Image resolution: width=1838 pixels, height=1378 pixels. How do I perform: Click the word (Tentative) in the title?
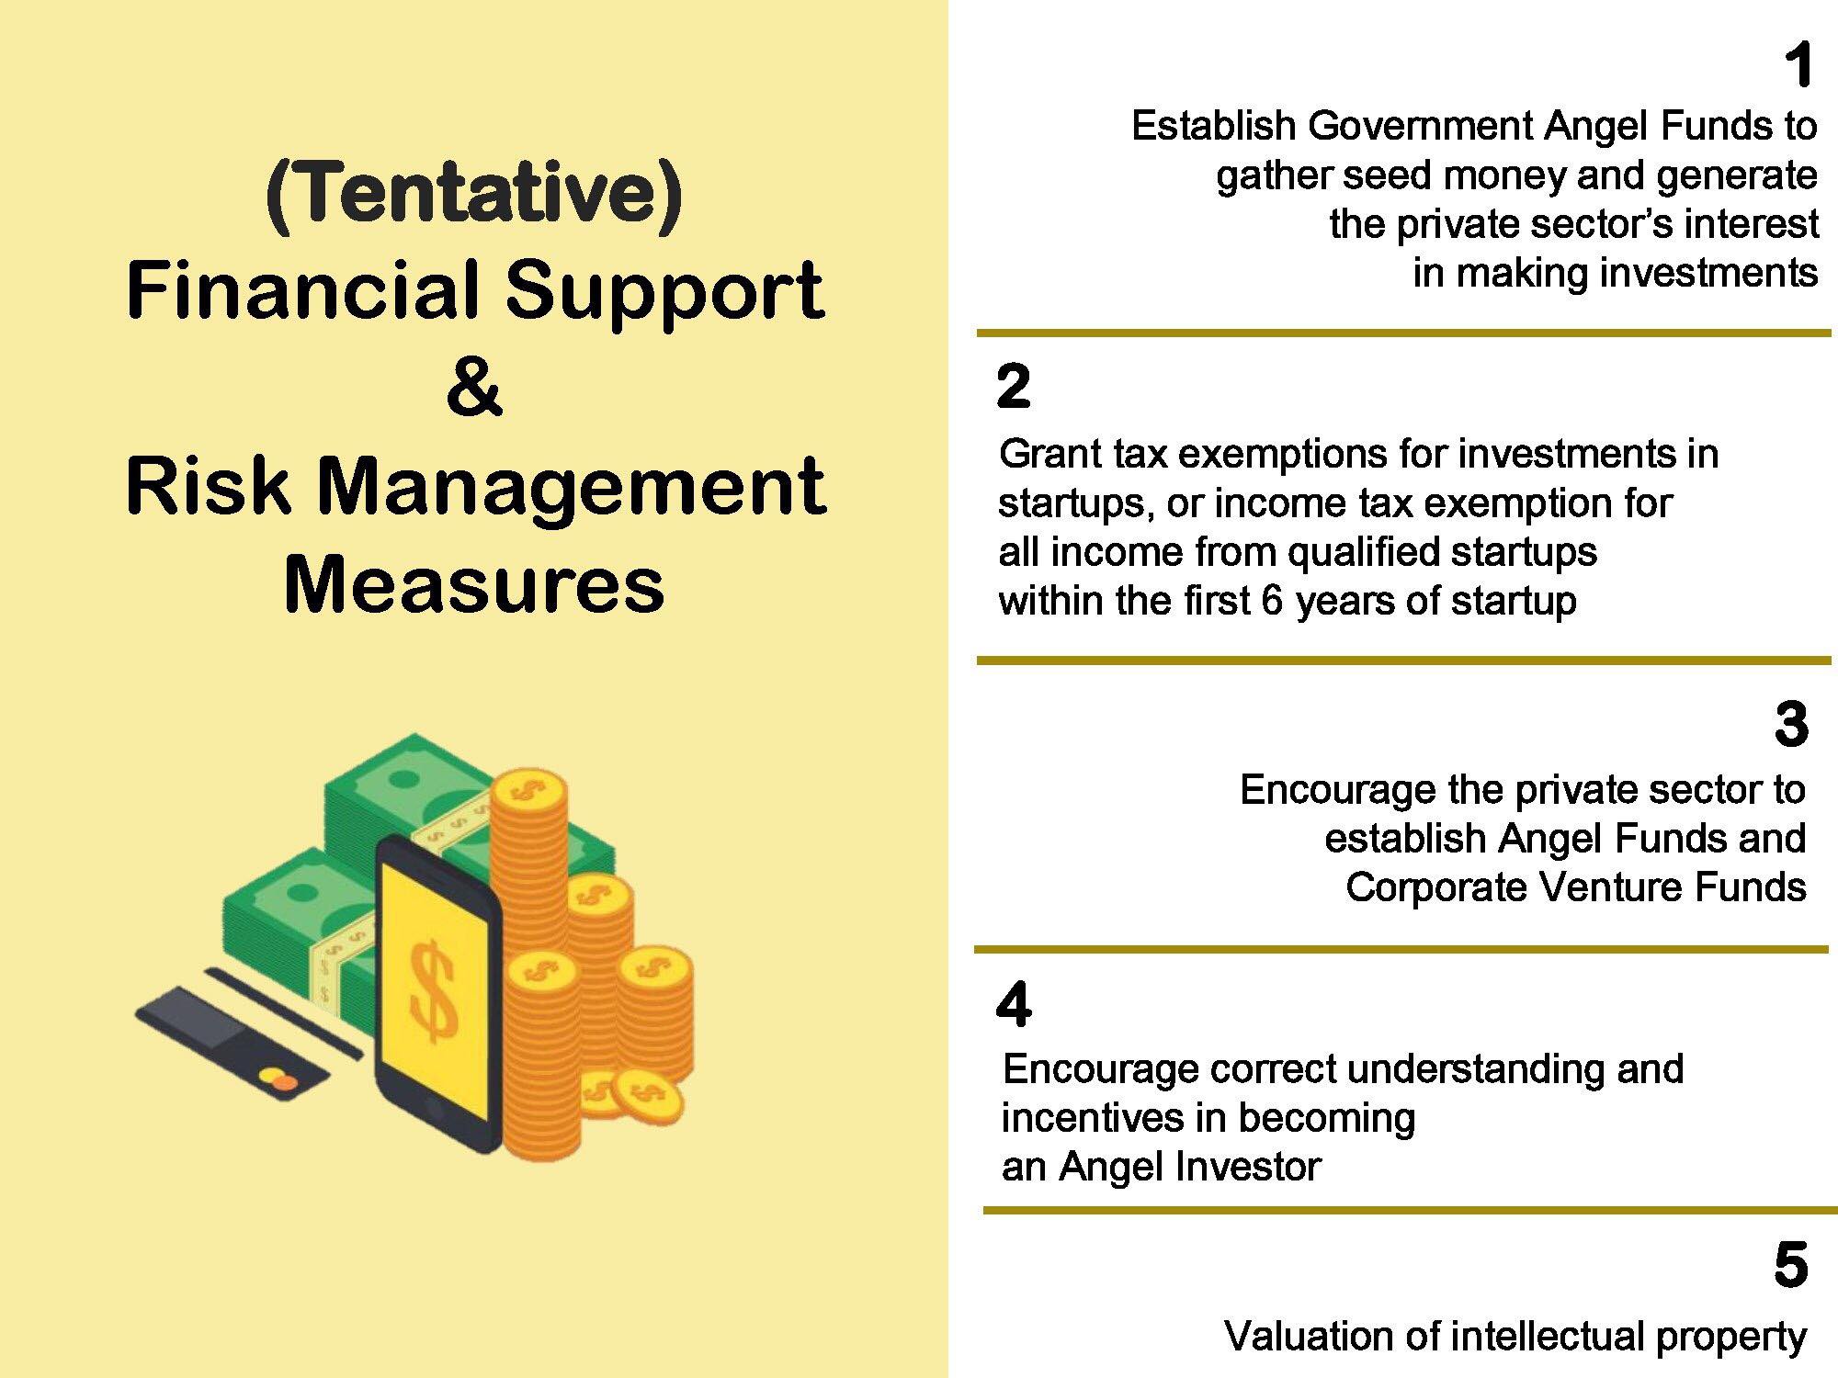474,196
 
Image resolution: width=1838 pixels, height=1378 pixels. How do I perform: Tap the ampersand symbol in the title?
473,389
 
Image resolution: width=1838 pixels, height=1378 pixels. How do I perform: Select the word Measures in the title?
474,585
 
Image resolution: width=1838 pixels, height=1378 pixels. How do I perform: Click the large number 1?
1798,66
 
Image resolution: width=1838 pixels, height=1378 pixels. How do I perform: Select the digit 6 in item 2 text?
1272,601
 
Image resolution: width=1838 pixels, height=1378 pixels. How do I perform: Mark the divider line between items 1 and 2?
1403,333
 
